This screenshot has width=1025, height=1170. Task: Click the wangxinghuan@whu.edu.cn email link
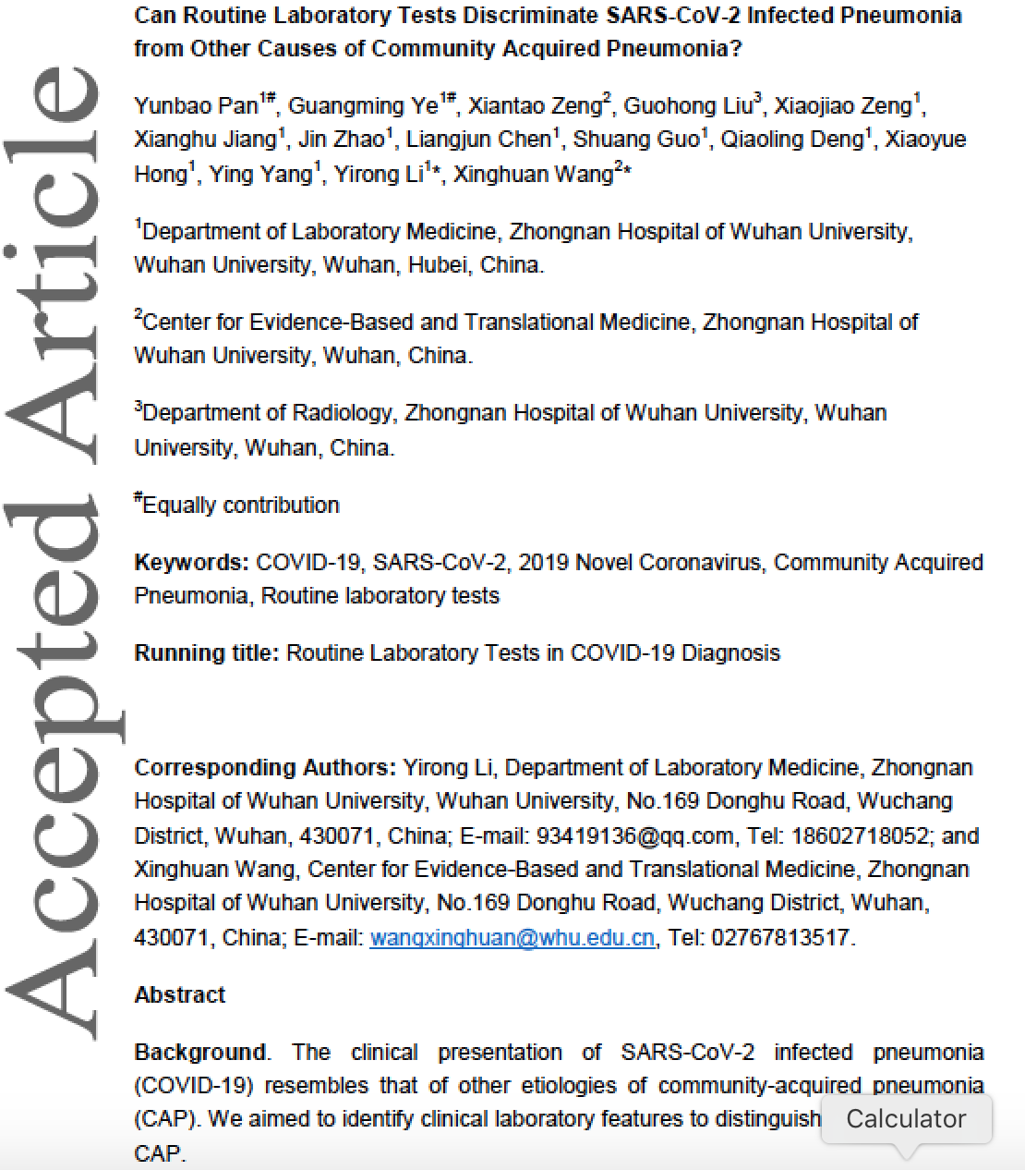point(512,937)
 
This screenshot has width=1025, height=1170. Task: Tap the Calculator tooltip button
point(906,1118)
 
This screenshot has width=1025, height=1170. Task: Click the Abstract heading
point(180,994)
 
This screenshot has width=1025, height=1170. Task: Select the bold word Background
point(200,1052)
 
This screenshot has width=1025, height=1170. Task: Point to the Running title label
point(206,652)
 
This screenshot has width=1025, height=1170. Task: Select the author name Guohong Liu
point(688,105)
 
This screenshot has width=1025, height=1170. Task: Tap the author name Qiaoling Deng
point(791,140)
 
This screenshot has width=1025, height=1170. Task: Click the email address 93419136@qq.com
point(635,835)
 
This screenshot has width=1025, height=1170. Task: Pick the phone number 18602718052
point(858,835)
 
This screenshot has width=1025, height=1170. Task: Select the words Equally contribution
point(241,505)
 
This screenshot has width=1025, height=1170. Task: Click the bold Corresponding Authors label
point(264,767)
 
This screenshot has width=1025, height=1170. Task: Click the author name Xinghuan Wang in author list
point(533,174)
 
